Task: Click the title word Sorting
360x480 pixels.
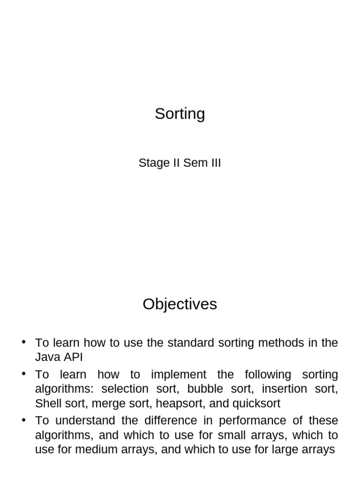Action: click(x=180, y=114)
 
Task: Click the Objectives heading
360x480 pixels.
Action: click(x=180, y=305)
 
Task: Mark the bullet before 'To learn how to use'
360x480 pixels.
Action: click(x=24, y=342)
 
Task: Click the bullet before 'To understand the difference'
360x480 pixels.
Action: click(x=24, y=420)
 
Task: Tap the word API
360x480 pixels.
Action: click(x=73, y=357)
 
